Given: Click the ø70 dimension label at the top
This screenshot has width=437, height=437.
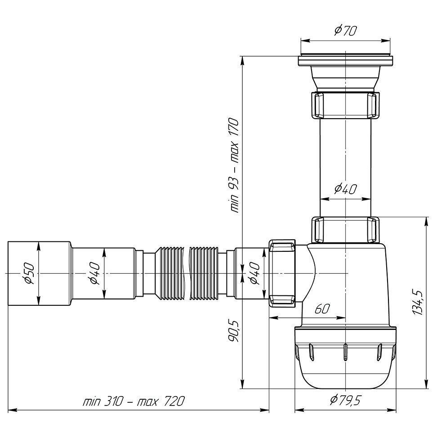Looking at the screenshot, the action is click(345, 30).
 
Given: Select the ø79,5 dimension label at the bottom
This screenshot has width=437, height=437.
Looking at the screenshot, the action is click(345, 400).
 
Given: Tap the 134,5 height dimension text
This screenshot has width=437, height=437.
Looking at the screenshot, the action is click(418, 303).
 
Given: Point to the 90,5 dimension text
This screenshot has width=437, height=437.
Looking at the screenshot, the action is click(233, 331).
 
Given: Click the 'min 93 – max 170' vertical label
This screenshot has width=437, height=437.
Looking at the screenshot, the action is click(233, 165).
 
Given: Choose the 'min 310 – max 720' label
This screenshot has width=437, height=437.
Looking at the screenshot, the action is click(134, 401).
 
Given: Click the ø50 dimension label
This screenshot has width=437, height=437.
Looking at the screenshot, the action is click(29, 273).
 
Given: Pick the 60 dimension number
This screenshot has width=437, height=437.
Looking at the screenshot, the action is click(322, 308).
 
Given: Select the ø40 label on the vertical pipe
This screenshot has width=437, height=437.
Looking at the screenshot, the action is click(345, 189).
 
